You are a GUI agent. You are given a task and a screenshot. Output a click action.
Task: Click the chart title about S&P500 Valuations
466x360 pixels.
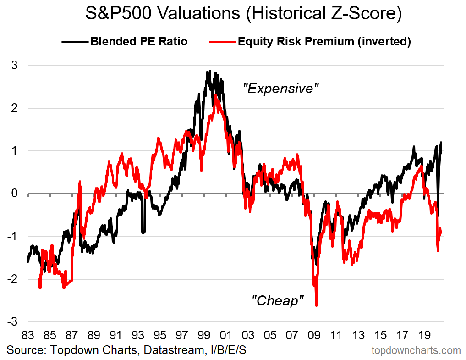(243, 14)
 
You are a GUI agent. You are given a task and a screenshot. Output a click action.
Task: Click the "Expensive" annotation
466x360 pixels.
(280, 89)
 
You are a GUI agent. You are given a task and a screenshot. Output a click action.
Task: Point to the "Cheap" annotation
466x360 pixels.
(278, 301)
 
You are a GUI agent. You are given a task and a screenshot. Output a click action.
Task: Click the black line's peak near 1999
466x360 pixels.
(209, 71)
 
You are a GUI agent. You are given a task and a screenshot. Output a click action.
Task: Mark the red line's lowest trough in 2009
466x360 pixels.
(317, 305)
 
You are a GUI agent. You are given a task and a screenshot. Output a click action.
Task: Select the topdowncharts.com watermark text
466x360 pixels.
(416, 351)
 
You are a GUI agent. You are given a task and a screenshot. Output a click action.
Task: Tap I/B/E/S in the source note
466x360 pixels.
(228, 350)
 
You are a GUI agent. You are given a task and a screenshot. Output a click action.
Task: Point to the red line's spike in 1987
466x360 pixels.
(80, 182)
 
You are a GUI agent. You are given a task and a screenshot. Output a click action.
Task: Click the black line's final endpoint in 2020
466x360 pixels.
(442, 143)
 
